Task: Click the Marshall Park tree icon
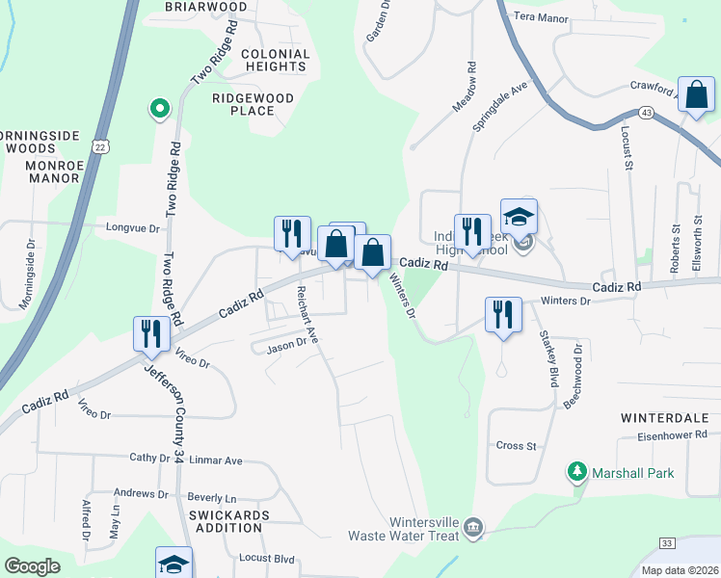tap(576, 472)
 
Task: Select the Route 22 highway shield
tap(100, 144)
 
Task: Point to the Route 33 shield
tap(667, 544)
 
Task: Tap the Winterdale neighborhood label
tap(665, 418)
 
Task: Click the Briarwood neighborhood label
tap(206, 7)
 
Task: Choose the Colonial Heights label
tap(275, 61)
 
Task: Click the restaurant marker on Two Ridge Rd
tap(151, 332)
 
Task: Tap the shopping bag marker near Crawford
tap(695, 95)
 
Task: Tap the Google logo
tap(32, 566)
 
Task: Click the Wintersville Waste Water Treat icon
tap(472, 527)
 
